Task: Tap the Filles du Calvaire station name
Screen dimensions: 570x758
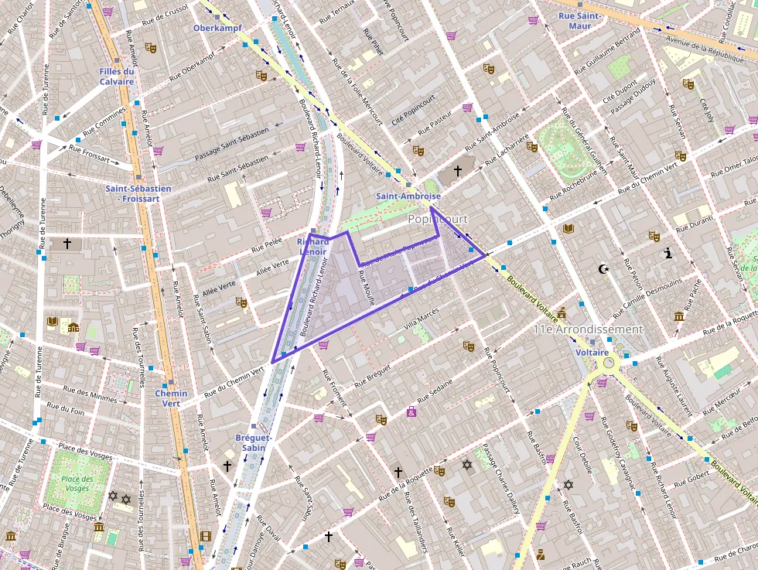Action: pyautogui.click(x=117, y=77)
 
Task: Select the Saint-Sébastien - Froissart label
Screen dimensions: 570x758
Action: pyautogui.click(x=132, y=193)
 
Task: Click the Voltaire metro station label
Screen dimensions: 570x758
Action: pyautogui.click(x=592, y=352)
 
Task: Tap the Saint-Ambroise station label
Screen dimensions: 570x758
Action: pyautogui.click(x=408, y=196)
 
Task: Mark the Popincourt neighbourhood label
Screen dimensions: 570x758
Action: pyautogui.click(x=438, y=220)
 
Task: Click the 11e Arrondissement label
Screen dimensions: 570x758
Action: pyautogui.click(x=588, y=329)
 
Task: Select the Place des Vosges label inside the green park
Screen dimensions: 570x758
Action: pyautogui.click(x=77, y=483)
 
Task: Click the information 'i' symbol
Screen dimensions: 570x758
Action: pyautogui.click(x=668, y=252)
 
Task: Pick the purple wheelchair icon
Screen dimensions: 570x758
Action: pyautogui.click(x=411, y=411)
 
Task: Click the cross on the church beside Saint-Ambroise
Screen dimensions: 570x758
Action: pyautogui.click(x=457, y=170)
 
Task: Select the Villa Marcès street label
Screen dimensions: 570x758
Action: pyautogui.click(x=421, y=314)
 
